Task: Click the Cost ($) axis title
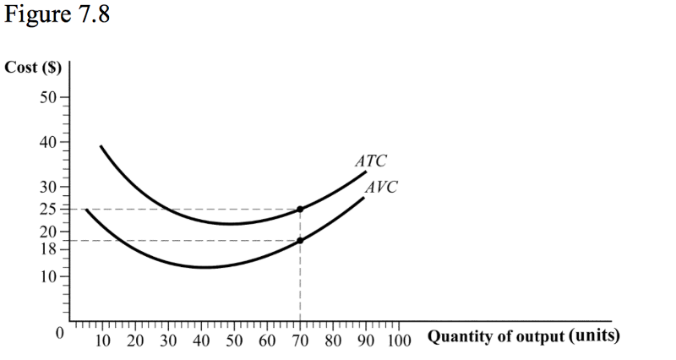click(31, 68)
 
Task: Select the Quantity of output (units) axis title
click(524, 336)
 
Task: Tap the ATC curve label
click(371, 160)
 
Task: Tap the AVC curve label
click(382, 187)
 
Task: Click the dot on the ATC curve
click(300, 208)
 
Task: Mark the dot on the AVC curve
click(300, 240)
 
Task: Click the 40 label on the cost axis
click(49, 141)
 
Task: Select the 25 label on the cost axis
click(49, 209)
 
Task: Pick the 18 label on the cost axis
click(49, 248)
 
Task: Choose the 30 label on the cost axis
click(49, 186)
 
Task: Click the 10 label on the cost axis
click(49, 276)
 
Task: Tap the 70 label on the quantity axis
click(300, 341)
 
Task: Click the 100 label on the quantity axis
click(400, 341)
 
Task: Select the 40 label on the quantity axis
click(201, 341)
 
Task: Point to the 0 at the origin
click(59, 333)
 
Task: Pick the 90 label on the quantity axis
click(366, 341)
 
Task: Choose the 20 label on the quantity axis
click(135, 341)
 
